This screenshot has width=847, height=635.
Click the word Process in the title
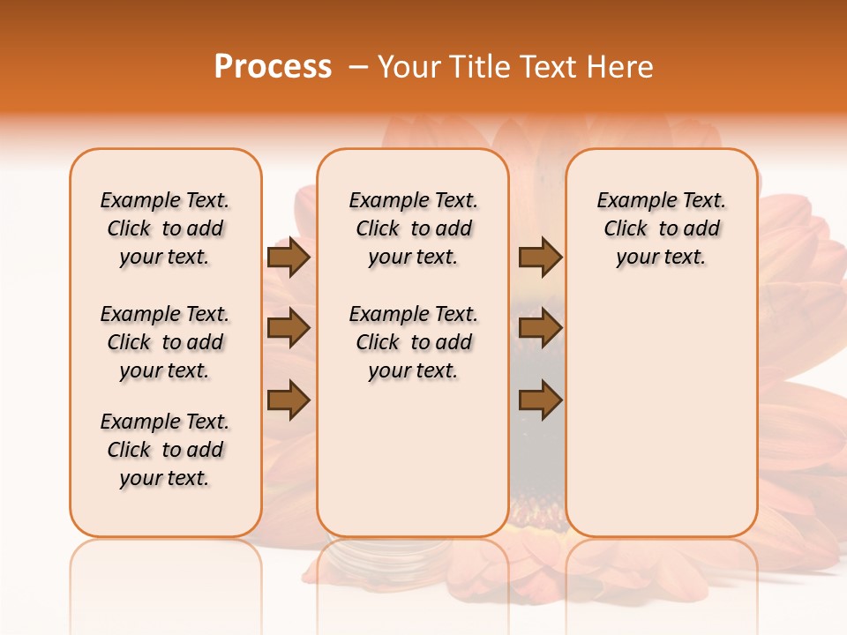pos(273,67)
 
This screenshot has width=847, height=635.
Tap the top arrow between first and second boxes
pos(289,258)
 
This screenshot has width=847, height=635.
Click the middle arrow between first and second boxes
pos(289,329)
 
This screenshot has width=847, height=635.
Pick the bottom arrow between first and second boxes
pos(289,400)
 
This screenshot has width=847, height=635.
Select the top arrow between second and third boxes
pos(540,258)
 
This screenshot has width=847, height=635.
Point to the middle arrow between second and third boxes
pos(540,329)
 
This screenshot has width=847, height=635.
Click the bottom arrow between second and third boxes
pos(540,400)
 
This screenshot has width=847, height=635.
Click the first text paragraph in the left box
pos(165,228)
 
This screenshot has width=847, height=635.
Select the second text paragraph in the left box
pos(165,342)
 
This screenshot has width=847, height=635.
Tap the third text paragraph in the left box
pos(165,450)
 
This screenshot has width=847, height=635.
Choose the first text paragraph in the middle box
pos(413,228)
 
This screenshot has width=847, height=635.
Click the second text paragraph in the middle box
pos(413,342)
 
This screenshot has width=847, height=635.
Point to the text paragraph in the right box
pos(661,228)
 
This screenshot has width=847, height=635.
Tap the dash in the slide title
pos(358,67)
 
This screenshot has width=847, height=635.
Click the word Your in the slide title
pos(404,67)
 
